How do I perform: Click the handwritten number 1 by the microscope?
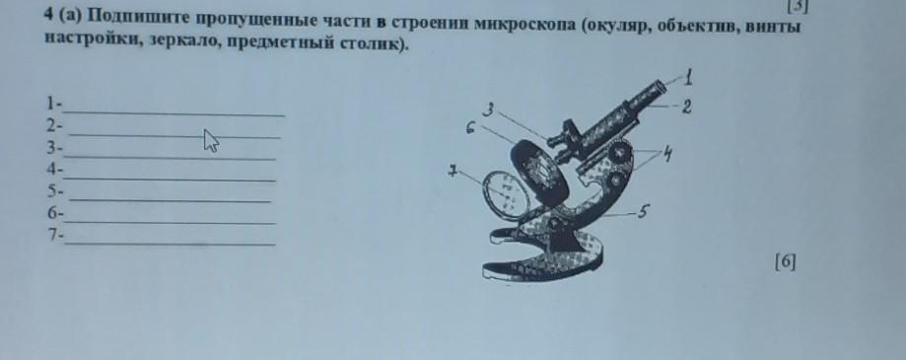click(x=687, y=77)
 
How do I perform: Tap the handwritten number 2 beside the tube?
click(x=686, y=107)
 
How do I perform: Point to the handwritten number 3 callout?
click(x=488, y=109)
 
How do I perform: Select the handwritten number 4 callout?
click(x=667, y=154)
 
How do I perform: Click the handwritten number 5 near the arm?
click(x=643, y=213)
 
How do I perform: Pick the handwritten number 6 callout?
click(x=471, y=128)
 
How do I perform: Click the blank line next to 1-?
click(x=174, y=113)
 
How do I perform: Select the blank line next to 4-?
click(x=170, y=180)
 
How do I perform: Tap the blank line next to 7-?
click(x=170, y=245)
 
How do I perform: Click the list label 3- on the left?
click(x=55, y=148)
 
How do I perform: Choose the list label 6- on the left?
click(x=56, y=213)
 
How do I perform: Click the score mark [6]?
click(x=785, y=262)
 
